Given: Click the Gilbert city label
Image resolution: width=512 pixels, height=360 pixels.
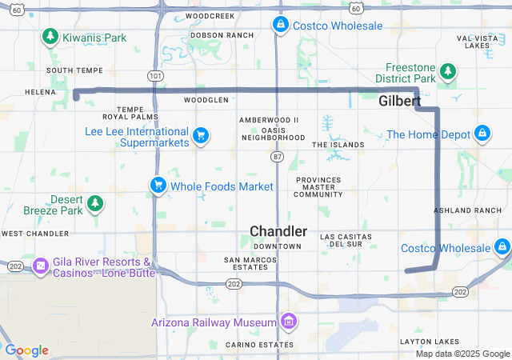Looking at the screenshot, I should click(x=399, y=102).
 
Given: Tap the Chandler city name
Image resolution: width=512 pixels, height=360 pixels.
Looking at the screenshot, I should click(x=278, y=231).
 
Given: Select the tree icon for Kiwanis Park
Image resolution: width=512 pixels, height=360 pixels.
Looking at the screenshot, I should click(x=50, y=37).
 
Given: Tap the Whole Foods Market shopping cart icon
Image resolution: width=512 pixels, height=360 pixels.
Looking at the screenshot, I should click(x=158, y=186).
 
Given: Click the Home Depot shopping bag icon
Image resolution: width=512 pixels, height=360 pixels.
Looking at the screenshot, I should click(x=482, y=134).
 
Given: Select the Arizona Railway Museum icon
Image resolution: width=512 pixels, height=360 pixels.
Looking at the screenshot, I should click(x=289, y=322).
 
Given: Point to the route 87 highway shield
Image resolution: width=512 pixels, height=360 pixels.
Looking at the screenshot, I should click(x=277, y=155).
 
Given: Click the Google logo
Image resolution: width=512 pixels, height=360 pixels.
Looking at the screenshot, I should click(x=26, y=350).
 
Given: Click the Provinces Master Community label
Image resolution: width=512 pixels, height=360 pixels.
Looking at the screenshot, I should click(x=318, y=186).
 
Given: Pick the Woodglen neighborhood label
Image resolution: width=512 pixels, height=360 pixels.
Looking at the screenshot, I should click(x=206, y=100).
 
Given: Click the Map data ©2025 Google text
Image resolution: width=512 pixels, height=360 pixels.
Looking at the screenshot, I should click(x=462, y=354).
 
